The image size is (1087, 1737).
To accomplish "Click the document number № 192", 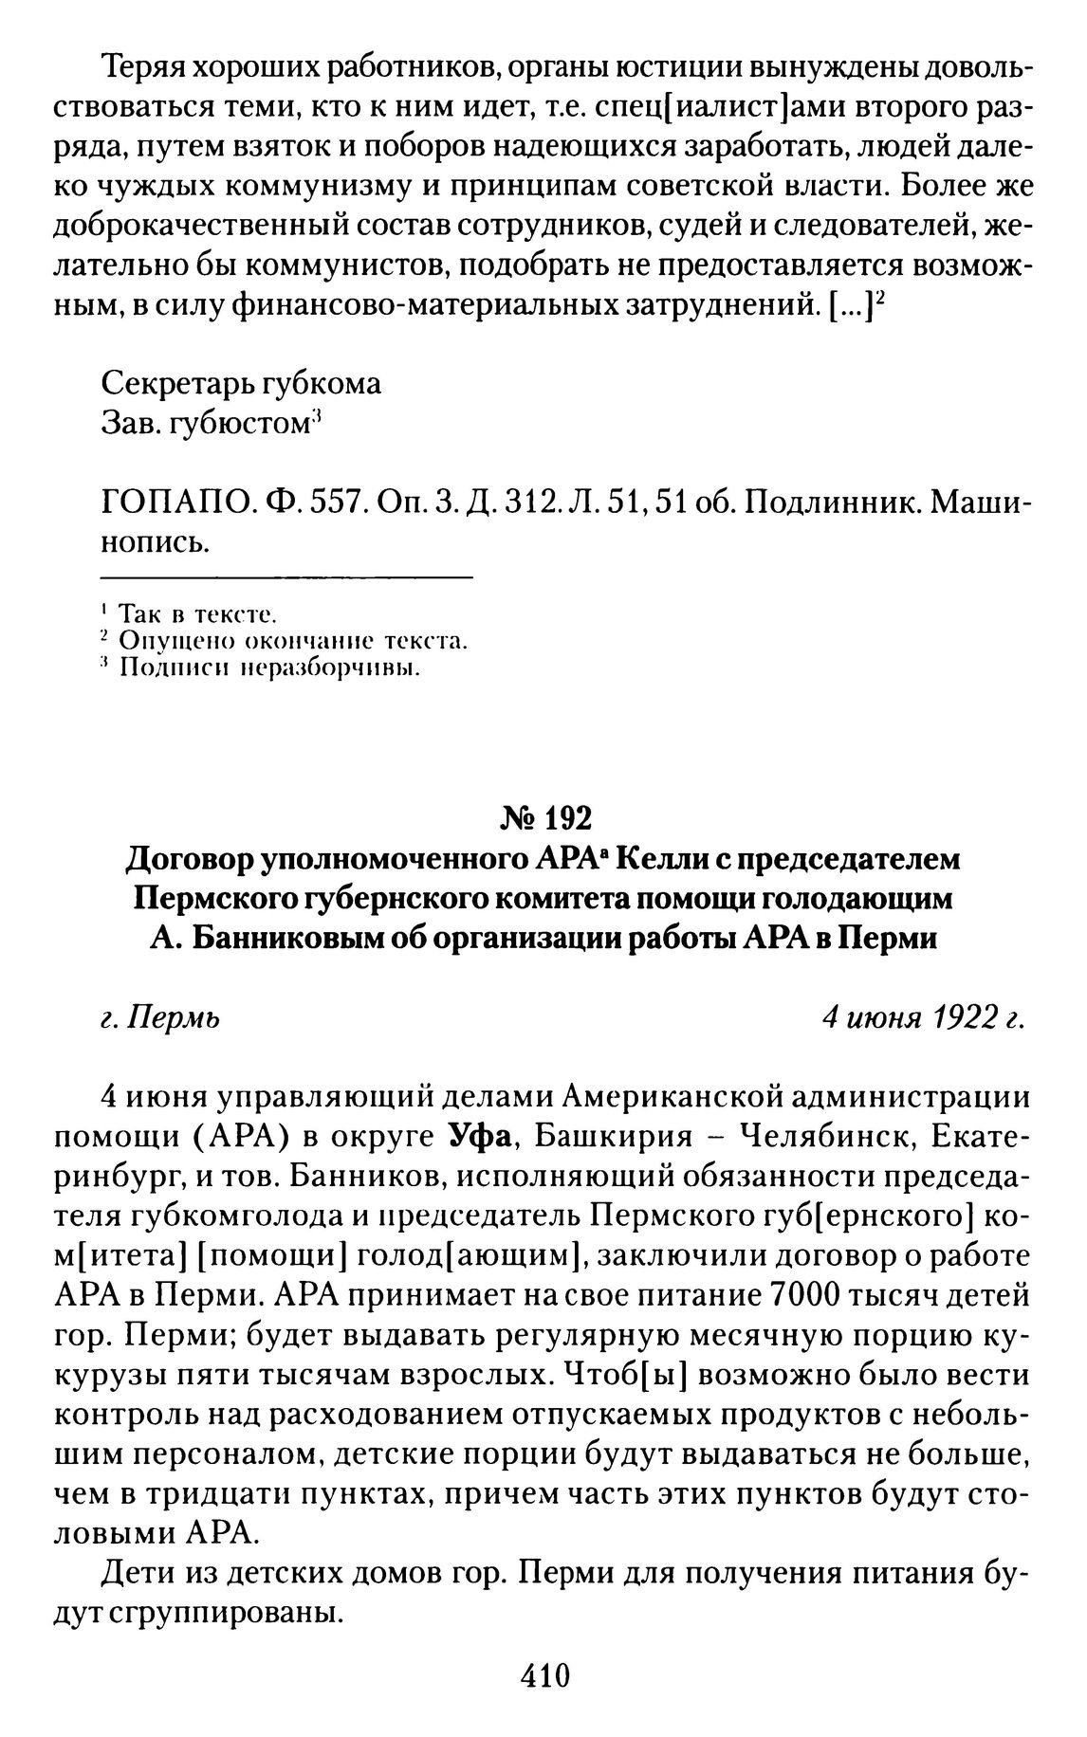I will pos(543,816).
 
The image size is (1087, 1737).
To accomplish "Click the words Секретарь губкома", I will pos(241,384).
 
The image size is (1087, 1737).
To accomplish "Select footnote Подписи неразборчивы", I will pos(269,669).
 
